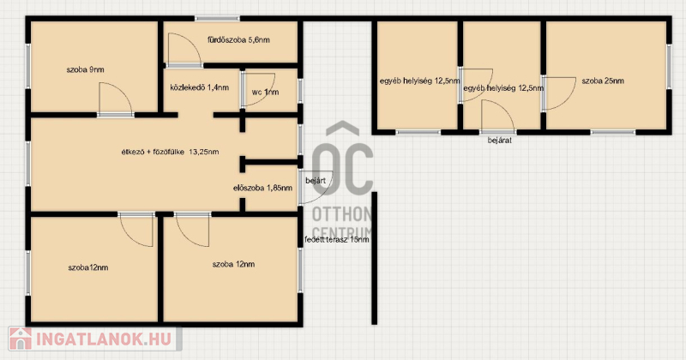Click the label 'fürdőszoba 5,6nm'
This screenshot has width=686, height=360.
pyautogui.click(x=238, y=40)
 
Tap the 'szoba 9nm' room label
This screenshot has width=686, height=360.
pyautogui.click(x=85, y=69)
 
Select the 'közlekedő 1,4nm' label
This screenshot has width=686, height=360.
pyautogui.click(x=200, y=87)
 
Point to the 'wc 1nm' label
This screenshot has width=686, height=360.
pyautogui.click(x=265, y=93)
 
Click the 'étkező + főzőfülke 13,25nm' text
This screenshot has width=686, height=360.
pyautogui.click(x=170, y=153)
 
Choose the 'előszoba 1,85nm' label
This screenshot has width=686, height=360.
pyautogui.click(x=262, y=188)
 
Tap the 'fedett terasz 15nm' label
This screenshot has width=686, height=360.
pyautogui.click(x=336, y=240)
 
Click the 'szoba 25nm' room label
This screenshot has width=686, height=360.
pyautogui.click(x=603, y=81)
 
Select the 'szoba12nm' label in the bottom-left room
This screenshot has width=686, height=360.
pyautogui.click(x=88, y=267)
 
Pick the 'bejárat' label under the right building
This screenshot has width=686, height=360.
pyautogui.click(x=500, y=141)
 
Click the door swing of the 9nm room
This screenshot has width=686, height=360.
pyautogui.click(x=116, y=99)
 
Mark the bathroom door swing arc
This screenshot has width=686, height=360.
pyautogui.click(x=184, y=50)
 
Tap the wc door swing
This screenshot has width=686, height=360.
pyautogui.click(x=259, y=89)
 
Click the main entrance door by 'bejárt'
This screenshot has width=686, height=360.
pyautogui.click(x=316, y=187)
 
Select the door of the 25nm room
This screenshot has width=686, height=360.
pyautogui.click(x=560, y=93)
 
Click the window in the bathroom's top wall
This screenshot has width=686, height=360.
pyautogui.click(x=217, y=19)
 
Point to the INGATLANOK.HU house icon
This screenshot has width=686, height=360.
pyautogui.click(x=20, y=339)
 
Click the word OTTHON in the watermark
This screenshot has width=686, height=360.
pyautogui.click(x=341, y=214)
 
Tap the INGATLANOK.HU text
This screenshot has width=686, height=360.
pyautogui.click(x=104, y=339)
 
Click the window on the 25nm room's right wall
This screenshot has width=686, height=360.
pyautogui.click(x=669, y=67)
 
